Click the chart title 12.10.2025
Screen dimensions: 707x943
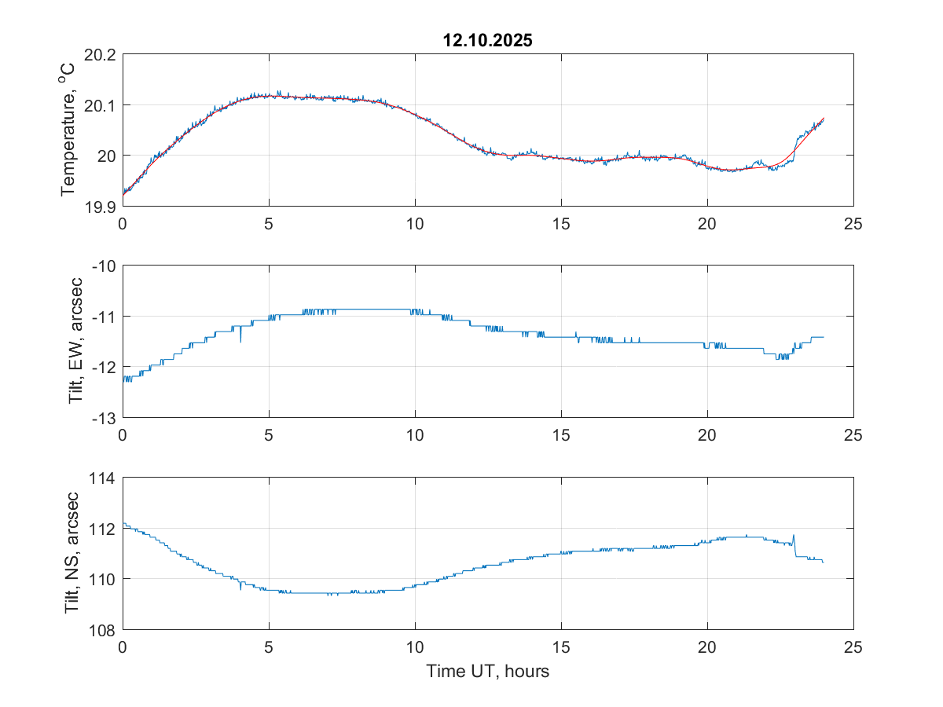[x=487, y=41]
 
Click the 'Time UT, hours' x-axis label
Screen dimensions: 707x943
[x=487, y=672]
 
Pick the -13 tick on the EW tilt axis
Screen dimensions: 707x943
[x=105, y=417]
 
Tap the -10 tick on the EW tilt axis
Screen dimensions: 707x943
[x=105, y=266]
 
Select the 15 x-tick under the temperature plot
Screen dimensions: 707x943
[x=561, y=223]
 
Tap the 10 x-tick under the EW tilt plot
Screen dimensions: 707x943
[x=415, y=434]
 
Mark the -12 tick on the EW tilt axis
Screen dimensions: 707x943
[x=105, y=367]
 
